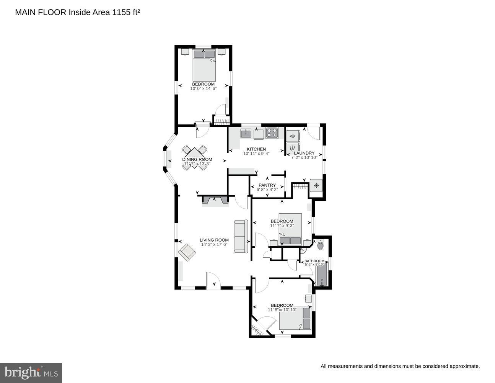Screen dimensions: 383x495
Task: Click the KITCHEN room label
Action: click(256, 149)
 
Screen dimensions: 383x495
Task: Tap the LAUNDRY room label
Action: click(304, 153)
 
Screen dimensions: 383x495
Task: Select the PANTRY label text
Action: click(267, 185)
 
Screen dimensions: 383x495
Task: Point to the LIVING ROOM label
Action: click(214, 240)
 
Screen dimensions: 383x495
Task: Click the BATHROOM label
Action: click(314, 261)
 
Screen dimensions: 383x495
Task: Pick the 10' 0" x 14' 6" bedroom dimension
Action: click(203, 88)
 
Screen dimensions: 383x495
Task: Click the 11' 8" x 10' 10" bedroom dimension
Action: click(282, 310)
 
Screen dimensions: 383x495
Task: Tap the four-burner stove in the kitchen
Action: click(272, 133)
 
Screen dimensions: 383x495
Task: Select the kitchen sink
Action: click(246, 133)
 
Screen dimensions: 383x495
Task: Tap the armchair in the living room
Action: click(187, 252)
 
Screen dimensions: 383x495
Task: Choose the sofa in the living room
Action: click(241, 236)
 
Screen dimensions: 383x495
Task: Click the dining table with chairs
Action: click(195, 157)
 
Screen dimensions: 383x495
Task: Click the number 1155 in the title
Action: click(122, 12)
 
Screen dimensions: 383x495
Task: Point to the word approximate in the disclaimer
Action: click(464, 367)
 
